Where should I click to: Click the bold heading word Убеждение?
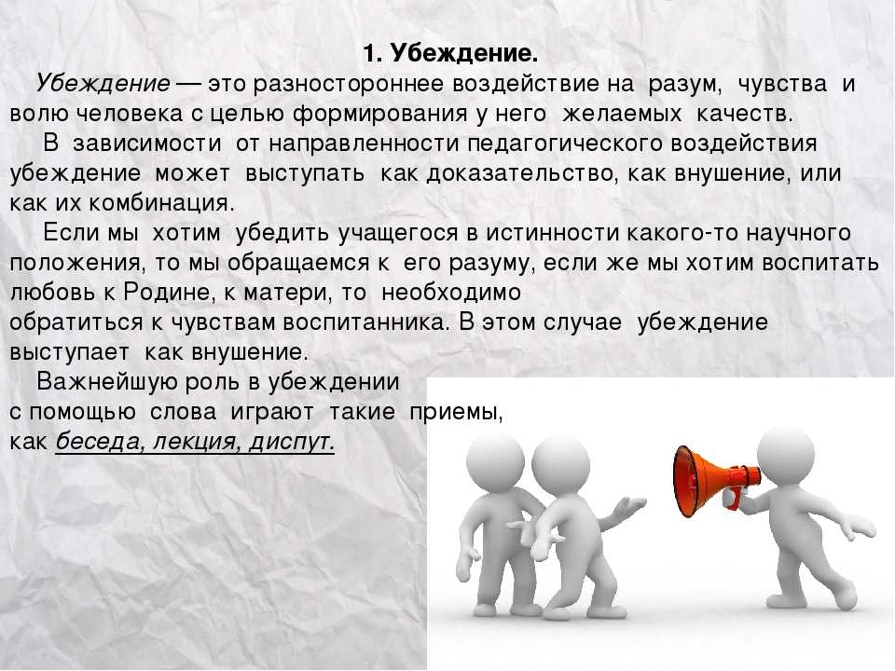tap(464, 54)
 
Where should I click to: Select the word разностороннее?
tap(349, 84)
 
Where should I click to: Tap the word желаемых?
tap(622, 114)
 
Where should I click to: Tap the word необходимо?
tap(451, 293)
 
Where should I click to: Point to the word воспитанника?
tap(364, 322)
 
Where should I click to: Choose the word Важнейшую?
tap(107, 382)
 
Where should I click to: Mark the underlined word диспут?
tap(292, 442)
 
